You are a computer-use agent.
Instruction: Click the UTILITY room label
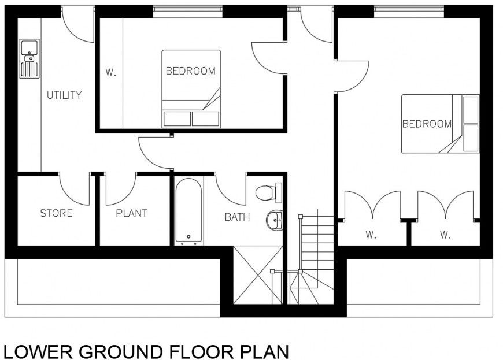(64, 95)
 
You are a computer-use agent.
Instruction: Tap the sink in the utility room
(29, 58)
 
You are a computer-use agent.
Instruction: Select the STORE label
(56, 213)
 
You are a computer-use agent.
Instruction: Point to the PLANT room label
(131, 213)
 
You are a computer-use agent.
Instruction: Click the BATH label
(237, 217)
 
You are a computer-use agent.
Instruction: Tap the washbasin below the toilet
(275, 219)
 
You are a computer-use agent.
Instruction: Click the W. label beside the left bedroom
(110, 73)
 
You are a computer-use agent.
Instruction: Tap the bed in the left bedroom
(191, 88)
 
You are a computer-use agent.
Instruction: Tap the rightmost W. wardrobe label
(445, 235)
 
